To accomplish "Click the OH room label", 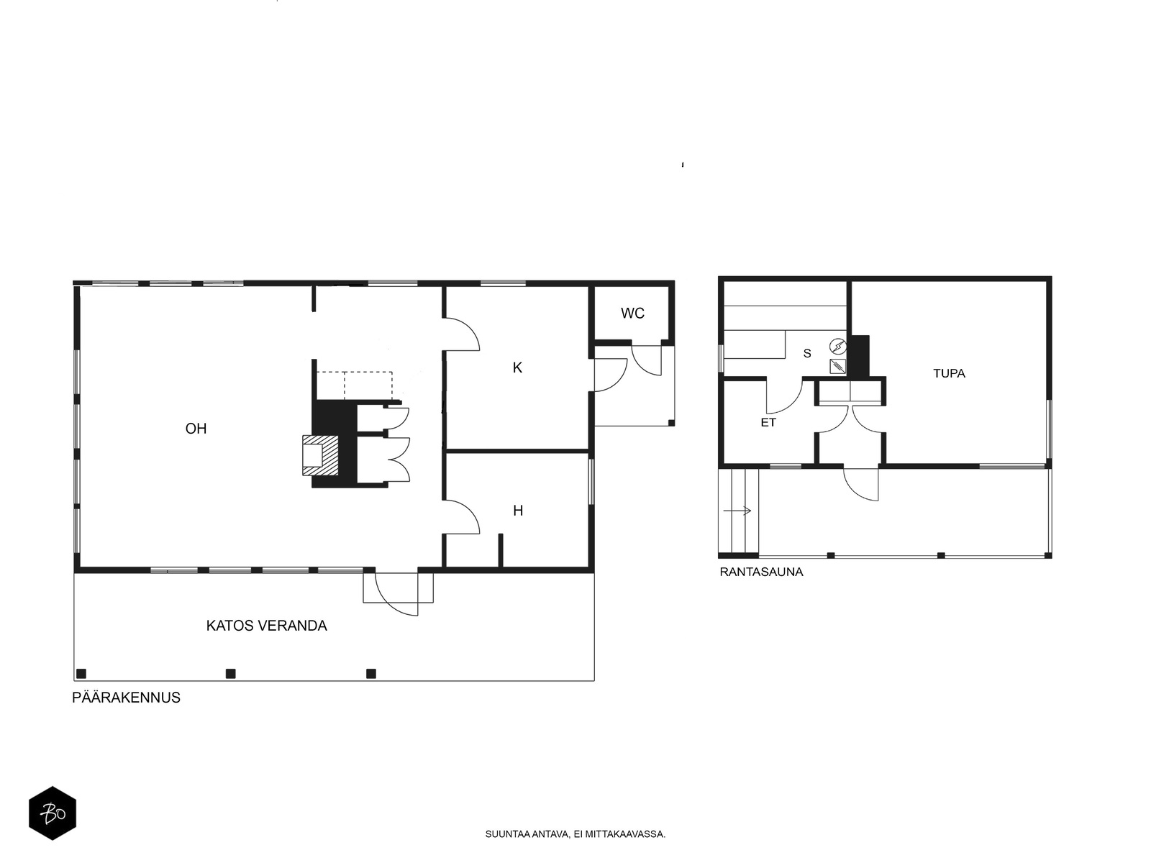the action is pyautogui.click(x=196, y=429).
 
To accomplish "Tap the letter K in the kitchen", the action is pyautogui.click(x=517, y=367).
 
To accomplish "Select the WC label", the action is pyautogui.click(x=632, y=314).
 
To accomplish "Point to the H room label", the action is pyautogui.click(x=518, y=511).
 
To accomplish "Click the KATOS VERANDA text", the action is pyautogui.click(x=266, y=626).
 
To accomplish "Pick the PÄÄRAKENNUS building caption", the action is pyautogui.click(x=126, y=697).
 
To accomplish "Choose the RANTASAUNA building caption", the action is pyautogui.click(x=761, y=572).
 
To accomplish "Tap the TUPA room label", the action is pyautogui.click(x=949, y=373).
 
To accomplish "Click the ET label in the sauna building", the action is pyautogui.click(x=768, y=422).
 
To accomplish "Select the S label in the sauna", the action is pyautogui.click(x=807, y=354).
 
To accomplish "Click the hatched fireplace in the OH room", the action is pyautogui.click(x=320, y=455).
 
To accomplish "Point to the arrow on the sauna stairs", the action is pyautogui.click(x=737, y=511).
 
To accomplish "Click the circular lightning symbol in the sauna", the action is pyautogui.click(x=838, y=347).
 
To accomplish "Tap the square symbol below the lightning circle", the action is pyautogui.click(x=837, y=366).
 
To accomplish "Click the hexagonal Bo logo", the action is pyautogui.click(x=53, y=813).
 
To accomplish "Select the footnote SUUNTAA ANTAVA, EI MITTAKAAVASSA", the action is pyautogui.click(x=575, y=834).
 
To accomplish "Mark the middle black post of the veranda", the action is pyautogui.click(x=230, y=674).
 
